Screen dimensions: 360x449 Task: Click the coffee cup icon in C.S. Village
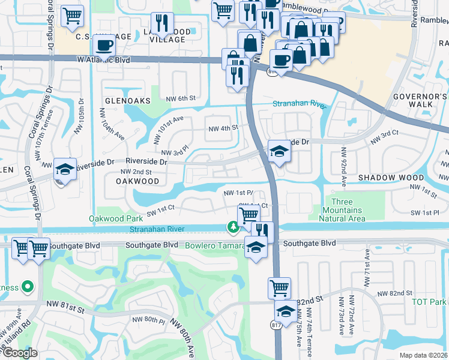click(x=104, y=46)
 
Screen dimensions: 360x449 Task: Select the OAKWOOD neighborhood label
click(x=137, y=181)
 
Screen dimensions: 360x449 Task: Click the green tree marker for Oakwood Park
click(x=232, y=226)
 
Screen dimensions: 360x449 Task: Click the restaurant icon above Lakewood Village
click(x=161, y=23)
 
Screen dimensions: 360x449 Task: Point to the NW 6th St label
click(x=181, y=98)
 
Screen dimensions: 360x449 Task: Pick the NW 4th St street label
click(x=223, y=128)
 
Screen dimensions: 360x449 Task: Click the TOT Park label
click(x=430, y=301)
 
